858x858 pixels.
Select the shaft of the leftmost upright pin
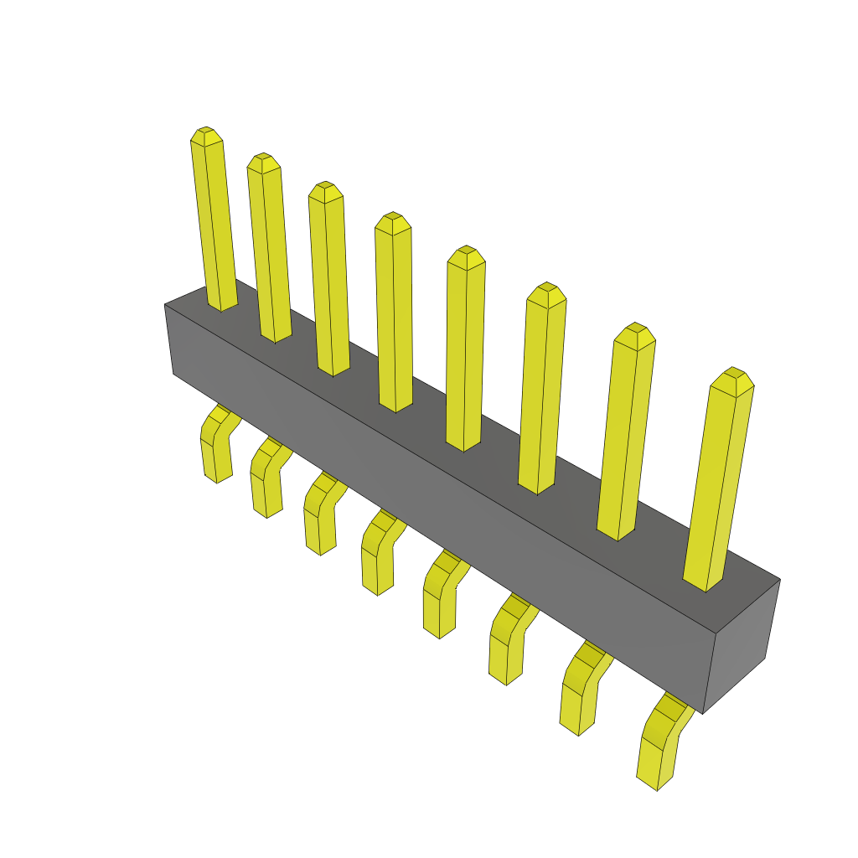[x=214, y=226]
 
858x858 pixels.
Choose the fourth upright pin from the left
[x=394, y=314]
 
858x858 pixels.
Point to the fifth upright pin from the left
[x=465, y=352]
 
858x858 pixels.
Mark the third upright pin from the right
[x=541, y=390]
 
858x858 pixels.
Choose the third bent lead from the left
[x=319, y=519]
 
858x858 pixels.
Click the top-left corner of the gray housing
[x=166, y=307]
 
